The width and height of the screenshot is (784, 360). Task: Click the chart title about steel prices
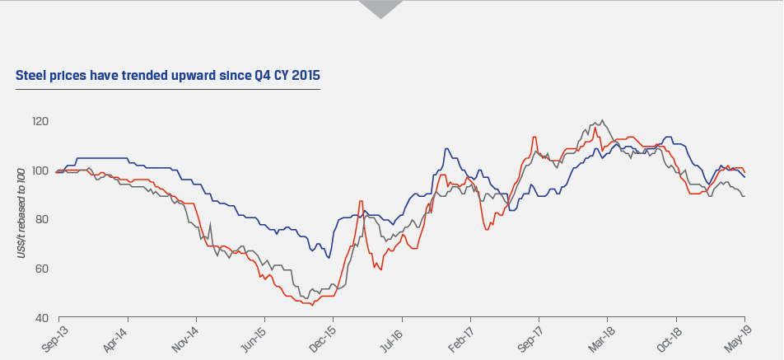coord(168,76)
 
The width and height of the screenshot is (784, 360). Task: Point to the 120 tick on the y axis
coord(40,122)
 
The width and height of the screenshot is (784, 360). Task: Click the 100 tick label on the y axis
coord(40,171)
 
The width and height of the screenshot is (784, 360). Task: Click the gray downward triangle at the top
coord(380,9)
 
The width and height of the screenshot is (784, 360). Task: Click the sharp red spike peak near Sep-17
coord(535,137)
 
